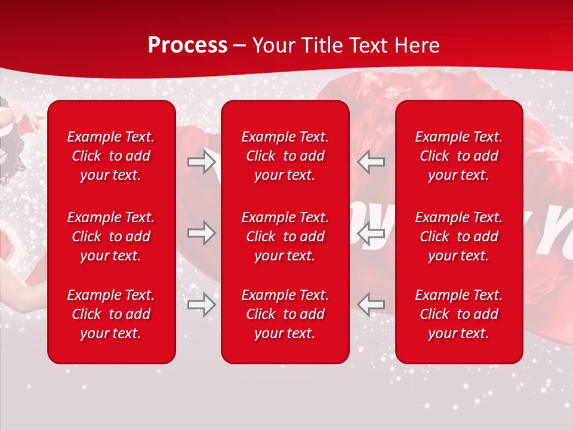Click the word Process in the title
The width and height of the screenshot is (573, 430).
[x=187, y=45]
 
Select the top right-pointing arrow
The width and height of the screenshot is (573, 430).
[x=201, y=162]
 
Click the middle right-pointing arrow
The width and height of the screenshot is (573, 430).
[x=201, y=233]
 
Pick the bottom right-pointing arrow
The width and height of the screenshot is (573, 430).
[x=201, y=305]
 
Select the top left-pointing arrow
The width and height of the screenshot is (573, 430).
[x=371, y=162]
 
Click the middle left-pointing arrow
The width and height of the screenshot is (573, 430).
[x=371, y=233]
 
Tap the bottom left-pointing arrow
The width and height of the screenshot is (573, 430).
[x=371, y=305]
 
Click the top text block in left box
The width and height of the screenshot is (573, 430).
[x=111, y=156]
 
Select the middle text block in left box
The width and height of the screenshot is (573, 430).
[x=111, y=236]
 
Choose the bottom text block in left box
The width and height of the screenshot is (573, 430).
[x=111, y=314]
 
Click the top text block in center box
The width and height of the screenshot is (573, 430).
[x=285, y=156]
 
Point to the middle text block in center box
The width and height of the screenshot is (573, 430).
[x=285, y=236]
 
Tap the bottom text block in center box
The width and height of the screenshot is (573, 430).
[x=285, y=314]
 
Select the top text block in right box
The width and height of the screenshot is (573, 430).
[x=458, y=156]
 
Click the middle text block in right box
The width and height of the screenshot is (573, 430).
[x=458, y=236]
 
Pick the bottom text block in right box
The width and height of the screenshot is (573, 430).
[x=458, y=314]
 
